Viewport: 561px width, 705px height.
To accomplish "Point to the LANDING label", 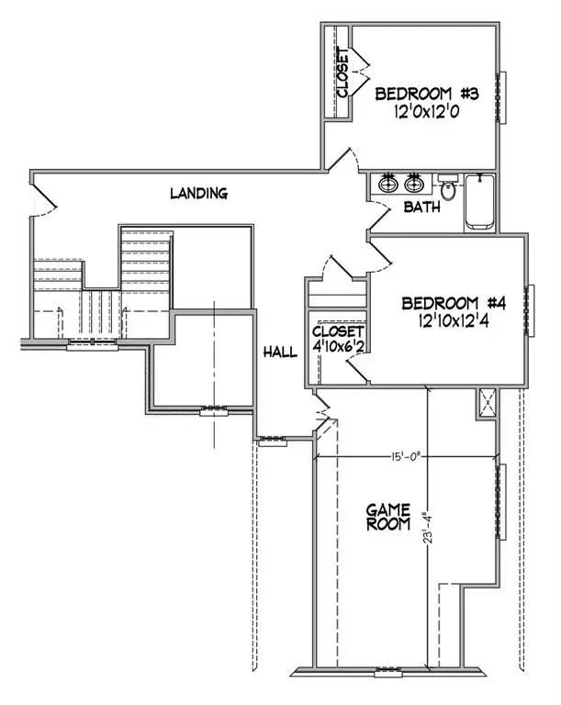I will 198,193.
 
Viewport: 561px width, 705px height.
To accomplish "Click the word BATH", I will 422,207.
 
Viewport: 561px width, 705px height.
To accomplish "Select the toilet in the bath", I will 448,189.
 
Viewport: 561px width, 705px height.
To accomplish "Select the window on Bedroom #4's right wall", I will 531,311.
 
